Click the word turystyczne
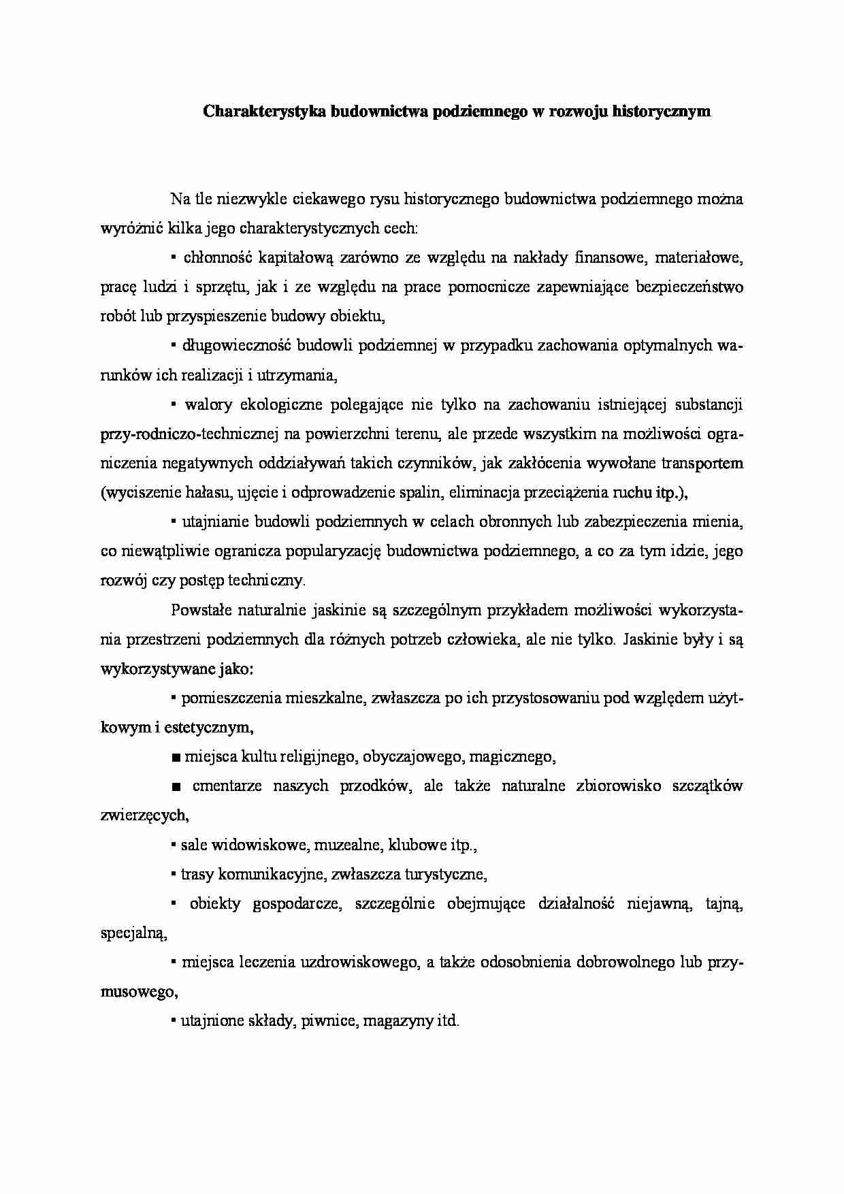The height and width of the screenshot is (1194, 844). pos(444,875)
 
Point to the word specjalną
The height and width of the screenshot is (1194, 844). pos(133,934)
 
